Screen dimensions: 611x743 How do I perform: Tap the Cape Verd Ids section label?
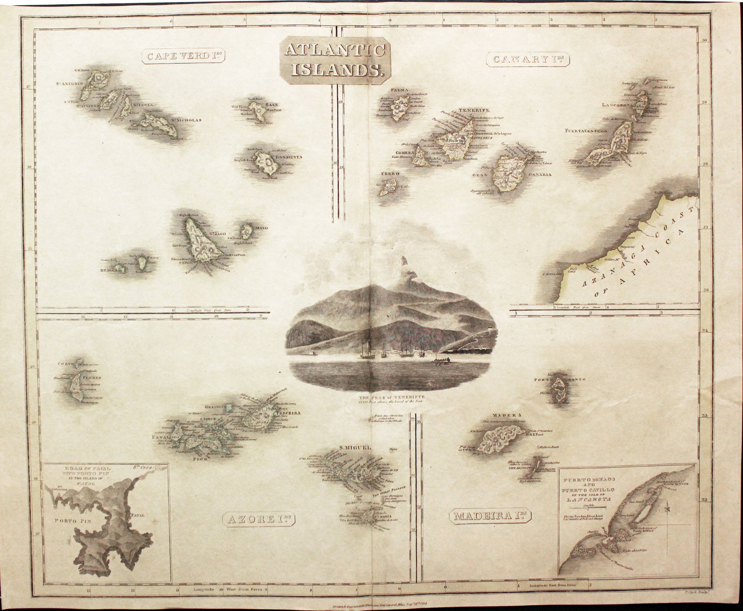pyautogui.click(x=184, y=57)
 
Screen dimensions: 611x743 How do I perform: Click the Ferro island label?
pyautogui.click(x=389, y=174)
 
